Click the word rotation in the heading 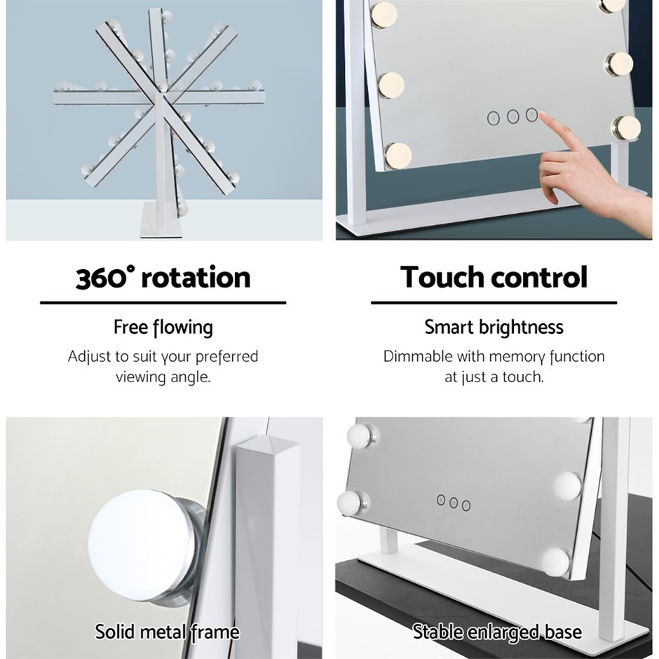point(196,278)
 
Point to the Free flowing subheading point(163,328)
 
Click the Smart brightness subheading point(494,327)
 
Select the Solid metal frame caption point(167,632)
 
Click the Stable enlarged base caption point(497,632)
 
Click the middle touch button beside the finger point(512,116)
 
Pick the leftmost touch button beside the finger point(494,118)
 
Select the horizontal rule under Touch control point(494,303)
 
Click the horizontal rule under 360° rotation point(163,303)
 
